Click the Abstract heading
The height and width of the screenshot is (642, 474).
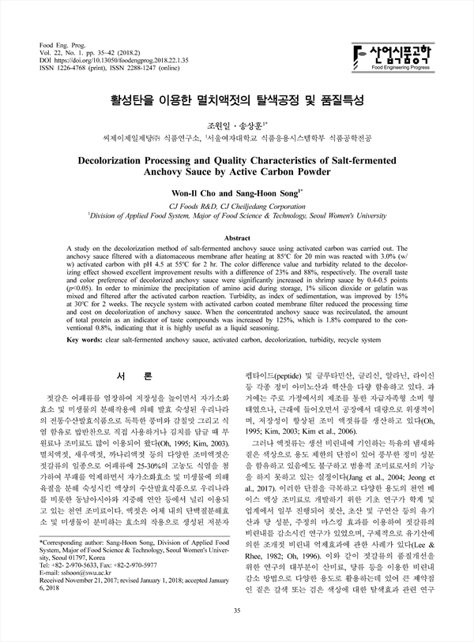click(238, 237)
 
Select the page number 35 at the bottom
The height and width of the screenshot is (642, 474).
click(237, 609)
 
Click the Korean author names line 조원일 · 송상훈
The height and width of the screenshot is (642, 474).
click(237, 125)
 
